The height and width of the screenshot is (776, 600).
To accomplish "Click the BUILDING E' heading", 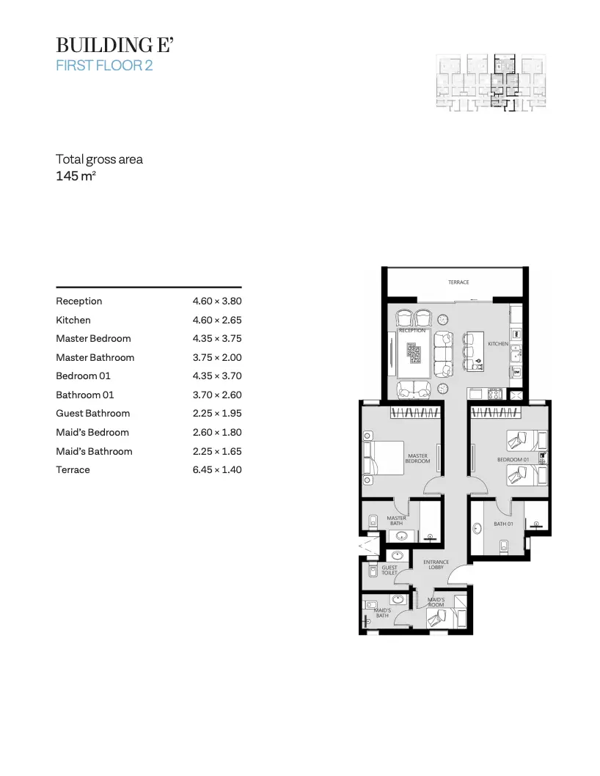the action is click(x=114, y=45).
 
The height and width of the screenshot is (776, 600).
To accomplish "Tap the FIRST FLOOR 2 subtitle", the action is click(x=104, y=65).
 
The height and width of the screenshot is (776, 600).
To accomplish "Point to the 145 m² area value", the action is click(x=76, y=176).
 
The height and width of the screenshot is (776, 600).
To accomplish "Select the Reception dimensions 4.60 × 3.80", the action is click(x=217, y=301).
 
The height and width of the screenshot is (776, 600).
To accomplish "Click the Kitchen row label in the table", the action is click(x=73, y=320).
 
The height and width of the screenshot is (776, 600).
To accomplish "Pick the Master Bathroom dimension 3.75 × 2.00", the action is click(x=217, y=357).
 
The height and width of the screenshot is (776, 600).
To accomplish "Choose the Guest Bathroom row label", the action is click(x=93, y=413).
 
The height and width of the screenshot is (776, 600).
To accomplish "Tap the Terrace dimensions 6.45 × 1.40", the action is click(x=217, y=469).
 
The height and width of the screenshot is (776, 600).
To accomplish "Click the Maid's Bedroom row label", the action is click(x=92, y=432).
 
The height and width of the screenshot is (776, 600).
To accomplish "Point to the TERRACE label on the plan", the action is click(x=458, y=282).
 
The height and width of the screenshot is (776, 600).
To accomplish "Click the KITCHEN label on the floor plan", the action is click(x=498, y=343).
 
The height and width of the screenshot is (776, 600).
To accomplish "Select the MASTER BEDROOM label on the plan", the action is click(x=418, y=458).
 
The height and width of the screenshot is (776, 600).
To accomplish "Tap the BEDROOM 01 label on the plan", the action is click(x=513, y=459).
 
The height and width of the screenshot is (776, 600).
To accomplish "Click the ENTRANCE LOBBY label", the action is click(x=436, y=565).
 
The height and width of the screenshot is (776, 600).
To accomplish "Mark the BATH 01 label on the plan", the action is click(x=503, y=524).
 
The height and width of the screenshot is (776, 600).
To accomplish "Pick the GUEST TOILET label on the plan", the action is click(x=389, y=570).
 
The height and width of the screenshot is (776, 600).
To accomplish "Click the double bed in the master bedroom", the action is click(x=384, y=458).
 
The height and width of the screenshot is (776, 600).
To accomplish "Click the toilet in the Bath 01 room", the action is click(x=504, y=546).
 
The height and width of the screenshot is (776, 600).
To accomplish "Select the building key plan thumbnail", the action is click(x=491, y=83).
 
